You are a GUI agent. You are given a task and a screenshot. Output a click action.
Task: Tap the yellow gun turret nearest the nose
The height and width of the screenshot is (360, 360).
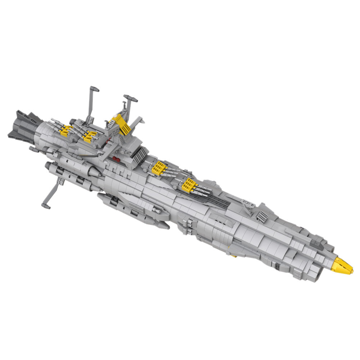tap(189, 185)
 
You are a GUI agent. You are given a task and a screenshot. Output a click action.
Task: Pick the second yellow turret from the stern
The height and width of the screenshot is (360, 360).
tap(90, 136)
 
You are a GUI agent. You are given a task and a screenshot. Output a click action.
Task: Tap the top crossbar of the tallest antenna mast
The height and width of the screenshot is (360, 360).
tap(94, 89)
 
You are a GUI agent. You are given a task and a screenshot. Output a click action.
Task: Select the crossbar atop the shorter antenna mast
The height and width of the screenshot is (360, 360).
tap(130, 98)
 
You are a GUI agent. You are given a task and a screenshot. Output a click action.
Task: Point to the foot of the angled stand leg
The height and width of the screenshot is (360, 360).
tap(46, 206)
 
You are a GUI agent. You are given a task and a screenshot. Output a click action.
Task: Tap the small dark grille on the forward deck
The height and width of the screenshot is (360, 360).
tap(262, 216)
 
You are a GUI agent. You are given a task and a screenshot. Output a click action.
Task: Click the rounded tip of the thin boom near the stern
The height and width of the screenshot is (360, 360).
tap(31, 148)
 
